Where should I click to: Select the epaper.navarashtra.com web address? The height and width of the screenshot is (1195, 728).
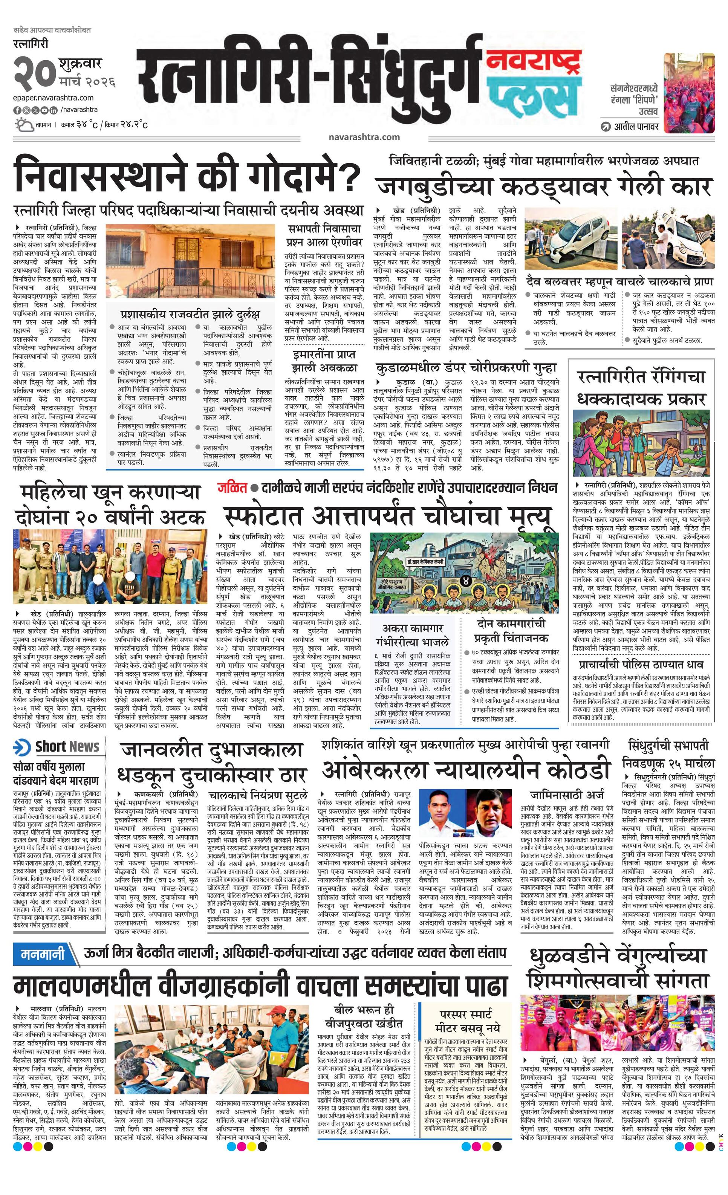(x=54, y=98)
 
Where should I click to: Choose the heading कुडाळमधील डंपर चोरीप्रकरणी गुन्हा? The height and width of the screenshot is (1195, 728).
(x=465, y=368)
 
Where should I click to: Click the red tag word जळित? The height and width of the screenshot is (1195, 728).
(x=232, y=487)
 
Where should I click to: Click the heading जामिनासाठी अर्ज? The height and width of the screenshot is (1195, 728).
(x=566, y=795)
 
